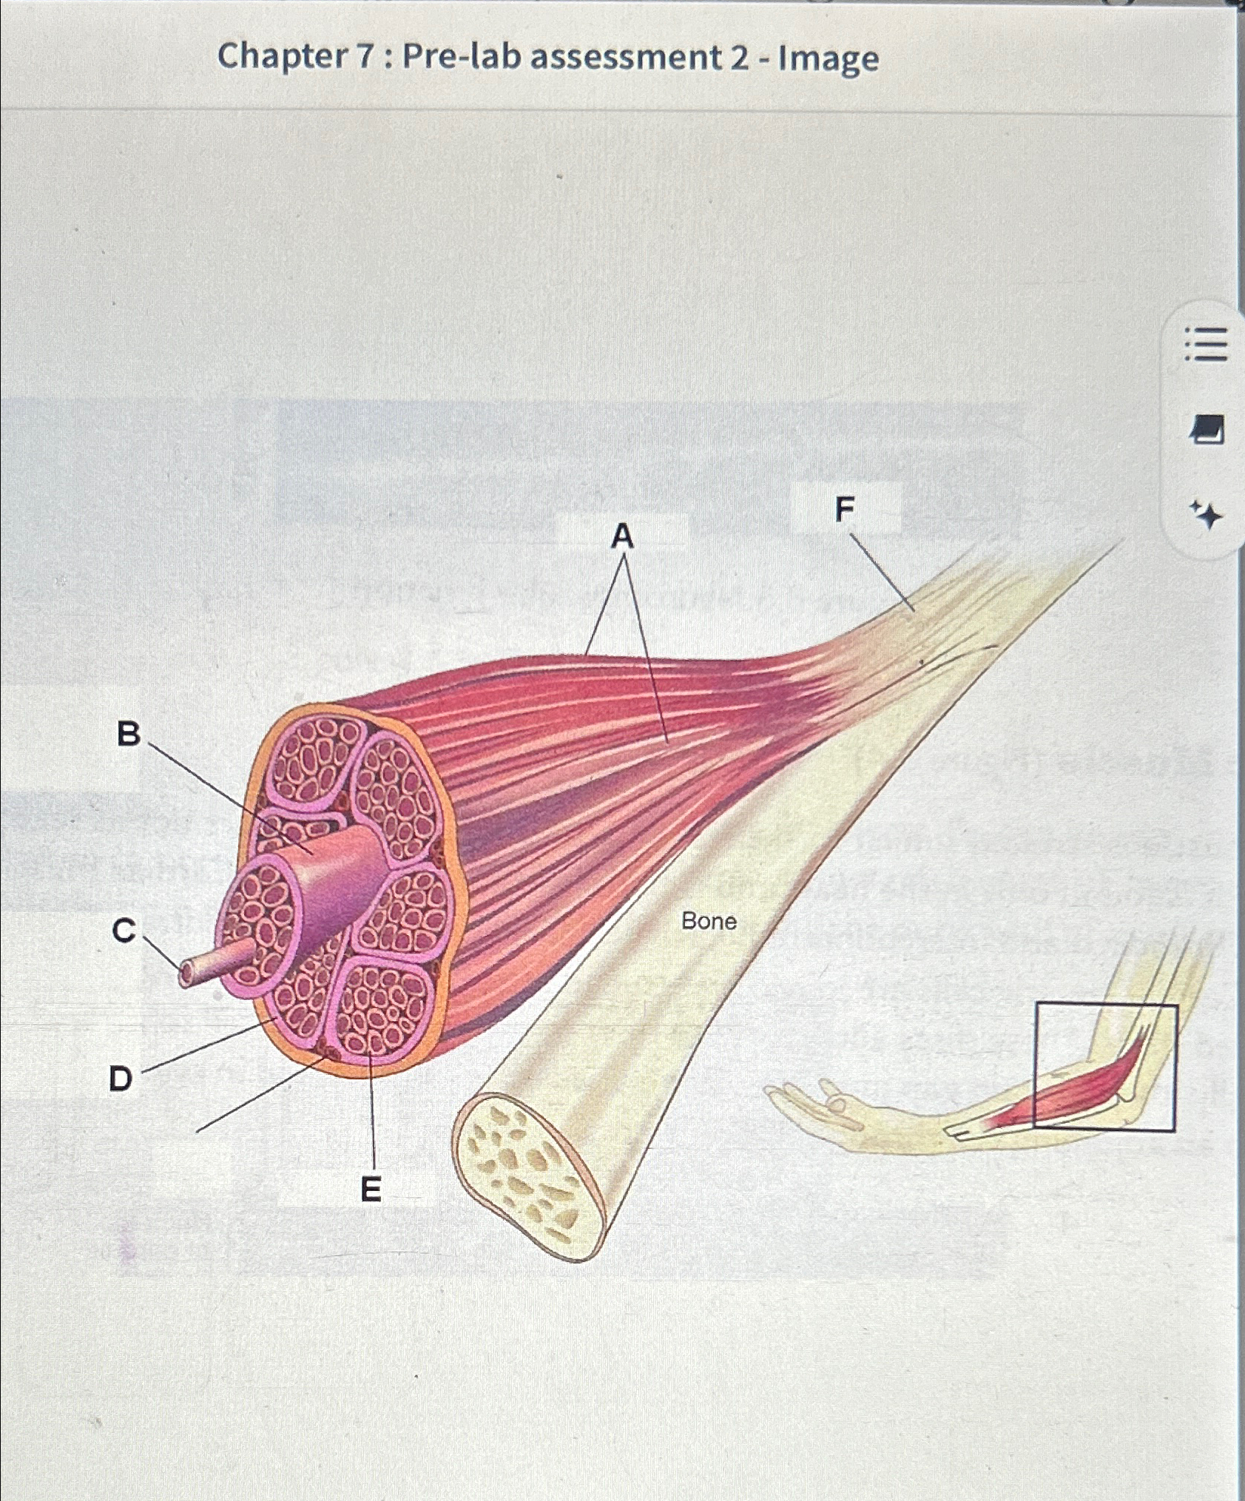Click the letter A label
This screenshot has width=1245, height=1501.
click(x=623, y=536)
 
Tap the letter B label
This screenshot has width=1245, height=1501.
click(x=129, y=734)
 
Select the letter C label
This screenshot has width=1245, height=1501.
click(x=124, y=930)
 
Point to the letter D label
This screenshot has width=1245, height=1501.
click(x=121, y=1079)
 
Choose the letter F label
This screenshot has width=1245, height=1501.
click(x=844, y=509)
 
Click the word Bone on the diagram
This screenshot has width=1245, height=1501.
click(x=709, y=921)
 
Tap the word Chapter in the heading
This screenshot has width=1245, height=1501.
click(x=282, y=56)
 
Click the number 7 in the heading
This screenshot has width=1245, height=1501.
click(x=366, y=57)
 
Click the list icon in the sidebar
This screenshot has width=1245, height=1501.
click(x=1207, y=345)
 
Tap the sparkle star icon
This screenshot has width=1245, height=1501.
click(x=1207, y=515)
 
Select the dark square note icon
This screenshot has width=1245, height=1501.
click(x=1207, y=429)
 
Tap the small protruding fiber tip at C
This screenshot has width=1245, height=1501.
click(x=187, y=974)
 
